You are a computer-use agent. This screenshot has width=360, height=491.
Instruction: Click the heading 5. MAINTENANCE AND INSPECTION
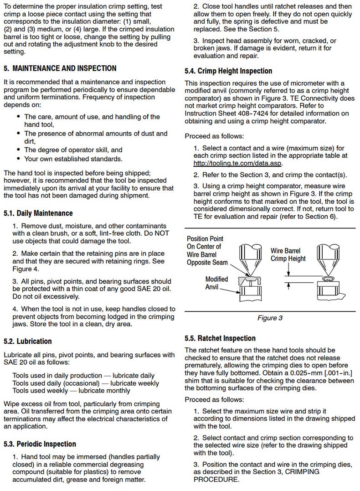[60, 68]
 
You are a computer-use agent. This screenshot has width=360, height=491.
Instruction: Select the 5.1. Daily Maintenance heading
[38, 213]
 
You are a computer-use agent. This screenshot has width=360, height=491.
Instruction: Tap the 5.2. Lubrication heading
[27, 341]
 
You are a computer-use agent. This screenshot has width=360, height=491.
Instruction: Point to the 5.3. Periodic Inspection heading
[40, 444]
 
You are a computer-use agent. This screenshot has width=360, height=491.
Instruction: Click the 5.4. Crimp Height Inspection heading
[228, 71]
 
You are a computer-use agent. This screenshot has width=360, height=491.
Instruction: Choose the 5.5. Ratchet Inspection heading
[220, 338]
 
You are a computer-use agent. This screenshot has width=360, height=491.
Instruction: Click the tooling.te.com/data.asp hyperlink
[238, 163]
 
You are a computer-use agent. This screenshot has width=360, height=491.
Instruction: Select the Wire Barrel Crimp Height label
[288, 255]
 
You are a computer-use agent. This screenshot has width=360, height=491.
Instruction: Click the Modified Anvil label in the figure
[216, 283]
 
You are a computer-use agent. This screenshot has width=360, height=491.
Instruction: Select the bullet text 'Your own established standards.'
[73, 159]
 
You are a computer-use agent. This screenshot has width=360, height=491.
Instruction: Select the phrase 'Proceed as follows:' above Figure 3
[214, 136]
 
